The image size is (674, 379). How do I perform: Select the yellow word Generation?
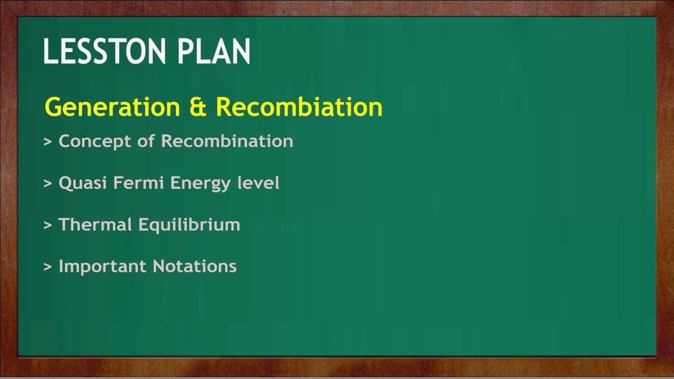pyautogui.click(x=112, y=107)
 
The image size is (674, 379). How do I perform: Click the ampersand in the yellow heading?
pyautogui.click(x=197, y=107)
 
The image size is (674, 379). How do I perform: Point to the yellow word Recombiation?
pyautogui.click(x=299, y=107)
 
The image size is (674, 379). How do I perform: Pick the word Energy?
pyautogui.click(x=201, y=184)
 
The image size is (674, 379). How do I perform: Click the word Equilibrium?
pyautogui.click(x=190, y=225)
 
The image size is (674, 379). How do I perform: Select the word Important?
pyautogui.click(x=103, y=266)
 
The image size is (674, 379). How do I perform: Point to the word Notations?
pyautogui.click(x=195, y=266)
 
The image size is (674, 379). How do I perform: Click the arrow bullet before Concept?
pyautogui.click(x=48, y=142)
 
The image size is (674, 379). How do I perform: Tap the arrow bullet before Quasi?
pyautogui.click(x=48, y=184)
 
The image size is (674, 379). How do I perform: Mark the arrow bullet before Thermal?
pyautogui.click(x=48, y=225)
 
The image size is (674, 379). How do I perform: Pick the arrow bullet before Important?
pyautogui.click(x=48, y=267)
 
